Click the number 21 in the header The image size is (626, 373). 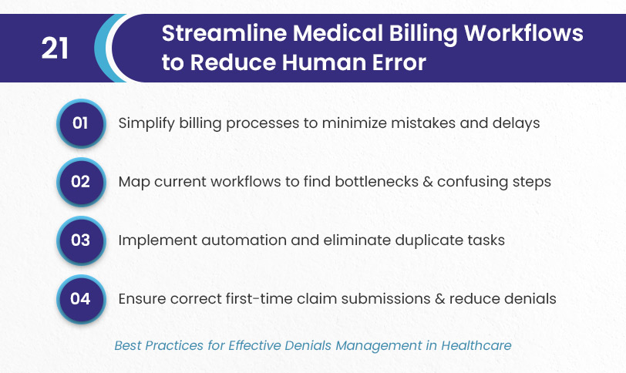(x=55, y=49)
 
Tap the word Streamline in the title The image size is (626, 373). (x=224, y=32)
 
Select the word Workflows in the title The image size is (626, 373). (x=523, y=32)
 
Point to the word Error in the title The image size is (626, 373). (x=399, y=62)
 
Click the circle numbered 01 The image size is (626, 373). (x=81, y=123)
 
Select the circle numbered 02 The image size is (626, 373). (x=81, y=182)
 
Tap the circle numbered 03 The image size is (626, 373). (x=81, y=240)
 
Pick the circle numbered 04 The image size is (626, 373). (x=81, y=299)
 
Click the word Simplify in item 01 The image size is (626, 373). (x=146, y=123)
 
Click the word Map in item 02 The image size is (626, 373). (x=134, y=183)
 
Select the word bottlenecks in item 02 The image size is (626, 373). (x=376, y=182)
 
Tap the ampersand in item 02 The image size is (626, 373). (x=428, y=182)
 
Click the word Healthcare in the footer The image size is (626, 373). (x=476, y=345)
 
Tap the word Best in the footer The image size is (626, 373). (x=128, y=345)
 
